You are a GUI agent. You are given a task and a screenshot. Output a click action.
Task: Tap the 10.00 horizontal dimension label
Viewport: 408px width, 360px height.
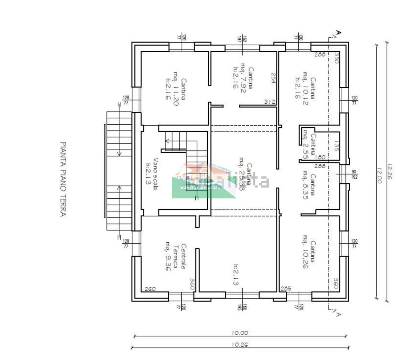point(240,333)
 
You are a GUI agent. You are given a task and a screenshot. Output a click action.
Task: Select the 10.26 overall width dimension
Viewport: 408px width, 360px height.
point(240,344)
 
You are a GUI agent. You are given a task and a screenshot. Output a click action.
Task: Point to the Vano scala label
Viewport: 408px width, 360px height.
point(152,174)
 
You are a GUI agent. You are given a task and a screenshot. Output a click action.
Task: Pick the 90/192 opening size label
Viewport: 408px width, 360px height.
point(354,174)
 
